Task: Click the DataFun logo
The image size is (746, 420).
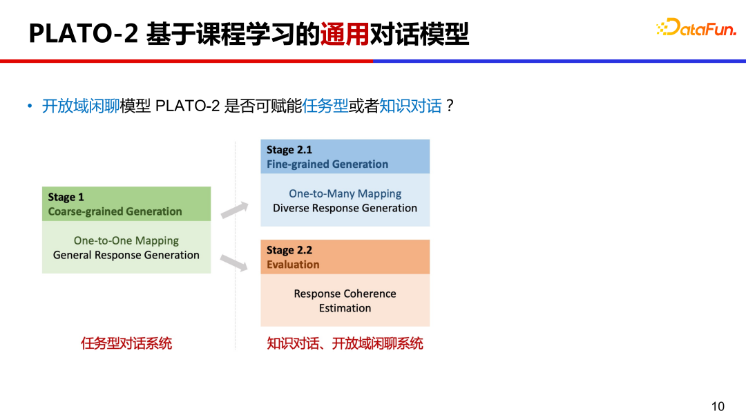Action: click(696, 28)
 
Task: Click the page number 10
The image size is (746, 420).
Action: click(718, 406)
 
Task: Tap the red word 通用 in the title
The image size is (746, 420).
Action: click(345, 33)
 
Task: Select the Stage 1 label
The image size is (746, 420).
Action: click(66, 197)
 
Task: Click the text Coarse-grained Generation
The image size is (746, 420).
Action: click(115, 211)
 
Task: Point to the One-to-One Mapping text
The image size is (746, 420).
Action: click(126, 240)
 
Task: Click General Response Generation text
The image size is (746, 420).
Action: click(126, 255)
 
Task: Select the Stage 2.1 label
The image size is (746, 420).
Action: click(289, 149)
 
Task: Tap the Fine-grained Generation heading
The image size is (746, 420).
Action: click(327, 164)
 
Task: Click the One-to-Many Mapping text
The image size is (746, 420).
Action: click(345, 193)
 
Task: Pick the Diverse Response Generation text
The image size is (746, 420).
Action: click(345, 208)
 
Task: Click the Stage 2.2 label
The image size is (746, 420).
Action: click(289, 250)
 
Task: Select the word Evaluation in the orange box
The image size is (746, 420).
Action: click(293, 265)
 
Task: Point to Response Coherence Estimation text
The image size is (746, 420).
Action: click(345, 300)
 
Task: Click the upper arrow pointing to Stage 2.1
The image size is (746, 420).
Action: click(234, 210)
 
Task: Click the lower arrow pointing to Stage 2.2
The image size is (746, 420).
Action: click(234, 262)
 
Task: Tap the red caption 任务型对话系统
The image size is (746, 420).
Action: click(126, 343)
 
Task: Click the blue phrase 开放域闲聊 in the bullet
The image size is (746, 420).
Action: click(81, 106)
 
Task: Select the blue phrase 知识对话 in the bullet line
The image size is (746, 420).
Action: click(410, 106)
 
